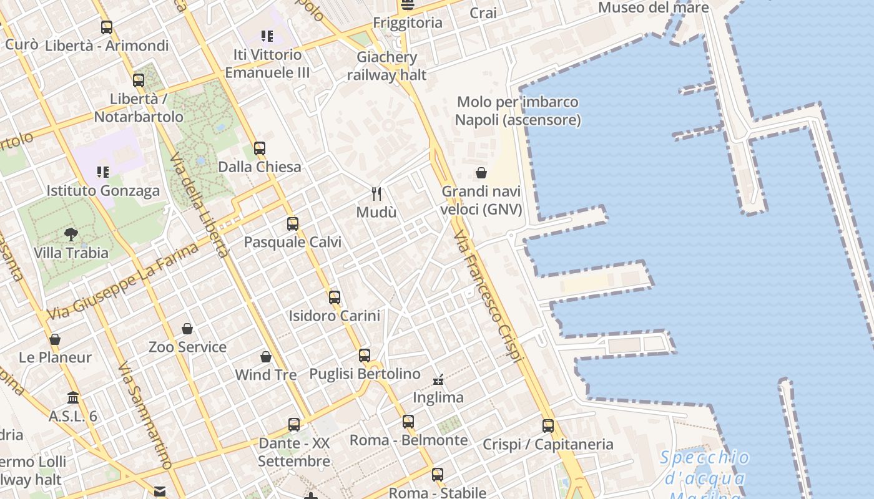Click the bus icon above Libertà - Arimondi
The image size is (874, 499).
(x=107, y=27)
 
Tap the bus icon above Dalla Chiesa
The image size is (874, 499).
(x=260, y=148)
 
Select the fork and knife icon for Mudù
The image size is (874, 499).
(x=376, y=194)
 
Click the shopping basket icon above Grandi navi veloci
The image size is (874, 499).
(x=481, y=173)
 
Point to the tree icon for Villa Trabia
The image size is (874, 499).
(x=71, y=235)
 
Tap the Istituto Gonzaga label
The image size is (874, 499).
(x=103, y=191)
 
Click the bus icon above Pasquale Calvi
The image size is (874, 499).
(x=293, y=224)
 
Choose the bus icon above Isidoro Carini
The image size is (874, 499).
(x=335, y=298)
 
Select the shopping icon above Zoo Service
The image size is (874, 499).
(x=187, y=329)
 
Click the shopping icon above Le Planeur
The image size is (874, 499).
(x=55, y=340)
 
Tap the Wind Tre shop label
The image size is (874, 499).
(x=266, y=375)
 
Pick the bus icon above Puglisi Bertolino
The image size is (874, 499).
(x=365, y=356)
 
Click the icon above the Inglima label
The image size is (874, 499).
(x=438, y=379)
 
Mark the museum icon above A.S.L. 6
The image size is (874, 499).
(x=73, y=398)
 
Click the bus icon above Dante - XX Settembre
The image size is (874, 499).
(x=294, y=425)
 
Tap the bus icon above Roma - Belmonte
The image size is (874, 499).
(x=408, y=422)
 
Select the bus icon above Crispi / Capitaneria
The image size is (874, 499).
(x=548, y=426)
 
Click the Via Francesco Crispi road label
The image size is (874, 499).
(x=488, y=296)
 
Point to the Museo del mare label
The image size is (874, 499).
(x=654, y=7)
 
